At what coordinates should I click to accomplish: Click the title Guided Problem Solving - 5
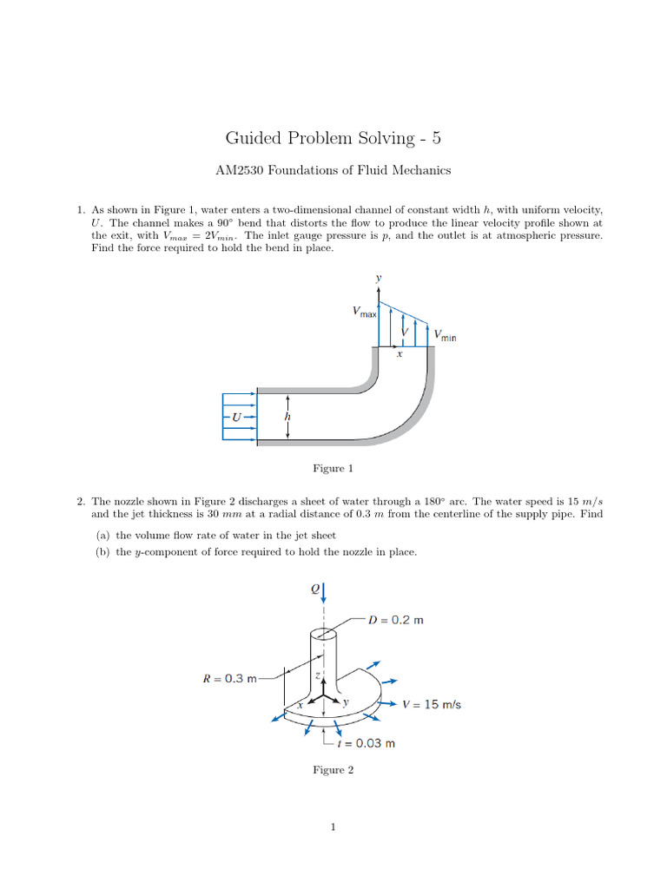(333, 137)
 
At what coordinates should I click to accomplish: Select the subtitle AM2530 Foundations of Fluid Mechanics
(333, 170)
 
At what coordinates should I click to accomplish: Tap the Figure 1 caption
(333, 469)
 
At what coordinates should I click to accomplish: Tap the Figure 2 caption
(333, 770)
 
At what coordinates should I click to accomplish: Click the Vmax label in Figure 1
(364, 311)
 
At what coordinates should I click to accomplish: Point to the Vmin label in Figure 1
(445, 334)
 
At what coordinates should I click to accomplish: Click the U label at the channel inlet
(235, 418)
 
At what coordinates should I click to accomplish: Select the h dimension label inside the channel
(287, 417)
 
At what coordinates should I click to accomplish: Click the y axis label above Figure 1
(378, 279)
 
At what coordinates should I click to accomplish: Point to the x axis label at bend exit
(399, 354)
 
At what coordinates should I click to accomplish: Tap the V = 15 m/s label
(432, 704)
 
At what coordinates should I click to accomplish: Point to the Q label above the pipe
(315, 589)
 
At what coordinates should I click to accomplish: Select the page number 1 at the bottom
(333, 827)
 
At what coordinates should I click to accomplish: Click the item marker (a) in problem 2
(102, 536)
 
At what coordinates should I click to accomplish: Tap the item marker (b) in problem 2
(102, 552)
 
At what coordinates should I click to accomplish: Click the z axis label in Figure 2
(319, 675)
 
